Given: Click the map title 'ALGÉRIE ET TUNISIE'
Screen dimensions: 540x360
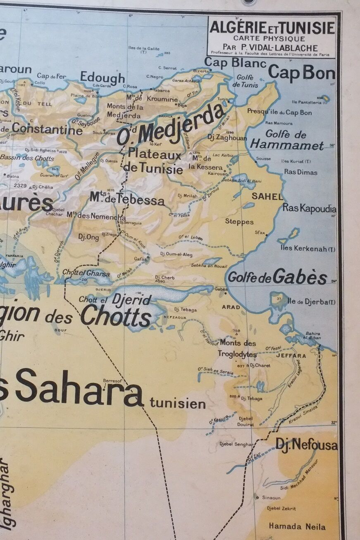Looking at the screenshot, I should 272,28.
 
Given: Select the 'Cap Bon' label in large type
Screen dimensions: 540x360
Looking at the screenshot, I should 301,73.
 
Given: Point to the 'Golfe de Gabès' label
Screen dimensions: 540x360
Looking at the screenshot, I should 277,277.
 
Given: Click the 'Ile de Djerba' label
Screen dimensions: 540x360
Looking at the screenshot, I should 311,301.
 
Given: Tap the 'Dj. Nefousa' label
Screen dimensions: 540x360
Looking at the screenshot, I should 306,445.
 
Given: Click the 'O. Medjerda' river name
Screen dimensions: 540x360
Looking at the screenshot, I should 172,124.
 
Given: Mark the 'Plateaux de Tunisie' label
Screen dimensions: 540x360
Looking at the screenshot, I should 155,162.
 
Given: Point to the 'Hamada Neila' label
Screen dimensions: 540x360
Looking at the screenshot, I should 297,526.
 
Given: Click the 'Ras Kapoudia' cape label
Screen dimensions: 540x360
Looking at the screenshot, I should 309,208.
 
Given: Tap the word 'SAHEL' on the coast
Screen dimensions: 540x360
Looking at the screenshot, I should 267,196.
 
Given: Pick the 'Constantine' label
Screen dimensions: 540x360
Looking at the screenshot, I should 47,129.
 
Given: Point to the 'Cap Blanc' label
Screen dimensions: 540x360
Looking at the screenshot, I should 235,63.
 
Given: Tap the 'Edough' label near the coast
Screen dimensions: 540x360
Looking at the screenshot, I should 102,77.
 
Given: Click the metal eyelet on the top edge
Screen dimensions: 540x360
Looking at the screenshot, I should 249,2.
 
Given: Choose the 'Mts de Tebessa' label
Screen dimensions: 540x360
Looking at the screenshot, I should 127,199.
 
